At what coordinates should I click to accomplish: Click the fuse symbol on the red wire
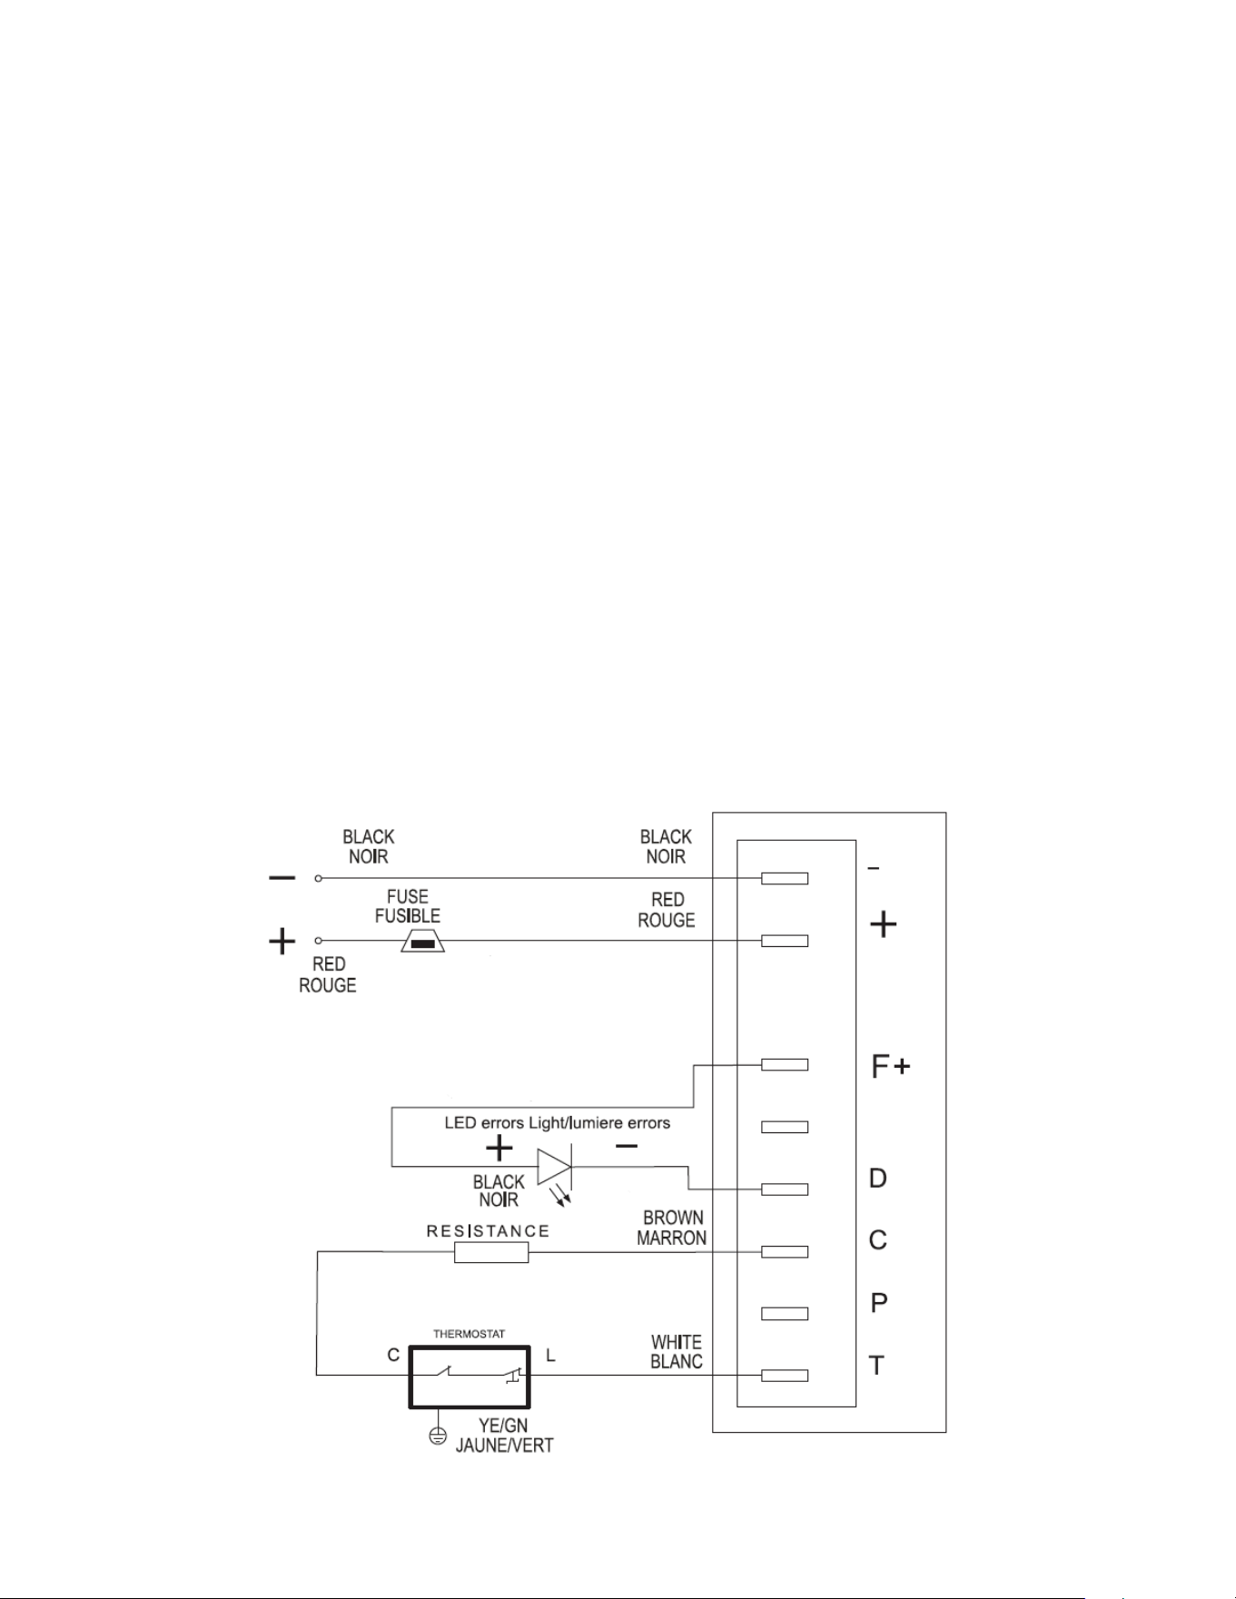pos(421,942)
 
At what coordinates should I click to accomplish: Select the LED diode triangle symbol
pos(554,1167)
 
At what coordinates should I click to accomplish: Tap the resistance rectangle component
pos(490,1253)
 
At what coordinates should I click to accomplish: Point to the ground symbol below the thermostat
pos(438,1436)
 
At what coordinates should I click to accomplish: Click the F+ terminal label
pos(890,1067)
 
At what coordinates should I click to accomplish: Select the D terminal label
pos(878,1179)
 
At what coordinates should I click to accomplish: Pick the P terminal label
pos(878,1303)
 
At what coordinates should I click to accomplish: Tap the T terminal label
pos(877,1365)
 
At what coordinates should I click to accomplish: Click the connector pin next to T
pos(785,1376)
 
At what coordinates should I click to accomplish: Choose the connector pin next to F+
pos(785,1064)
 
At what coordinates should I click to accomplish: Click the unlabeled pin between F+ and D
pos(785,1127)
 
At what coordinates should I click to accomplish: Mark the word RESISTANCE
pos(489,1231)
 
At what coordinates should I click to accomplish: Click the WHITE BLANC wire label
pos(677,1351)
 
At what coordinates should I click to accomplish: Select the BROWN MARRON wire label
pos(672,1228)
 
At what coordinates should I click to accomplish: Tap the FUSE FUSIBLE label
pos(408,906)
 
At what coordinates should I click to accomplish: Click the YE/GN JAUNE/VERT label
pos(504,1435)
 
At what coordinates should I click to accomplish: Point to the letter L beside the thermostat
pos(550,1356)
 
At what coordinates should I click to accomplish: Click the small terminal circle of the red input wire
pos(319,941)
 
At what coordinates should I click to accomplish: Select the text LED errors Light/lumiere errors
pos(558,1123)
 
